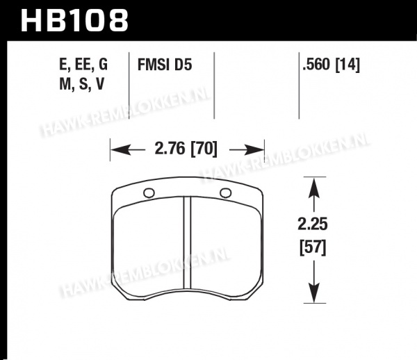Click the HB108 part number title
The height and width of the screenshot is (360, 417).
click(x=74, y=20)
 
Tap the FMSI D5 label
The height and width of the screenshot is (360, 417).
click(x=165, y=65)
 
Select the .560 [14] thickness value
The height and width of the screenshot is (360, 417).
click(x=331, y=65)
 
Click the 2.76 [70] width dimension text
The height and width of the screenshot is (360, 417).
click(x=186, y=149)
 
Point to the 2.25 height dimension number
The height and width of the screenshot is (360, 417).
click(x=313, y=224)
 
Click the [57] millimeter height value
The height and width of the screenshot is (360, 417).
click(x=313, y=248)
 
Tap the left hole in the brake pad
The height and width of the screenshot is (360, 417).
click(x=149, y=193)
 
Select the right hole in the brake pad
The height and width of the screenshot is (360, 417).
click(x=225, y=193)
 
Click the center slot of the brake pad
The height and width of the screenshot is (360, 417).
click(x=187, y=243)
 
